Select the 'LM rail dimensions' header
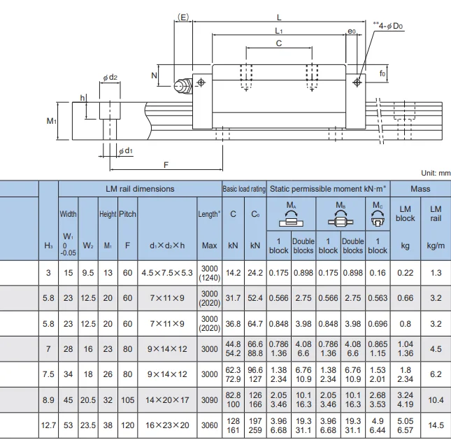click(140, 189)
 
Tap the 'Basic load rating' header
click(244, 189)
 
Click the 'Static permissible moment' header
click(329, 189)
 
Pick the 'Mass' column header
click(420, 189)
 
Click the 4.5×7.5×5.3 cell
click(167, 273)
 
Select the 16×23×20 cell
click(167, 425)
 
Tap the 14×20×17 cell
click(167, 399)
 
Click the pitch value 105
click(127, 399)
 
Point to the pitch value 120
click(127, 425)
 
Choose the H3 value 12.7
click(48, 425)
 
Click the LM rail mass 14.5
click(436, 425)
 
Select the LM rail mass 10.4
click(436, 399)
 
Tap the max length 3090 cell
click(209, 399)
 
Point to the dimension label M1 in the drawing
click(52, 121)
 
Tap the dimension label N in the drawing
click(154, 74)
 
